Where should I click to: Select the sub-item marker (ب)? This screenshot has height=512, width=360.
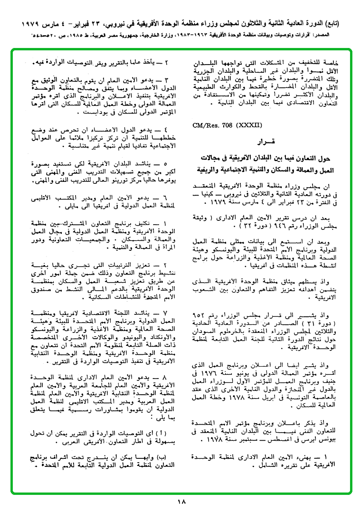coord(167,456)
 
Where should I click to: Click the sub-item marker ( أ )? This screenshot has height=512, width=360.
coord(166,434)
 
